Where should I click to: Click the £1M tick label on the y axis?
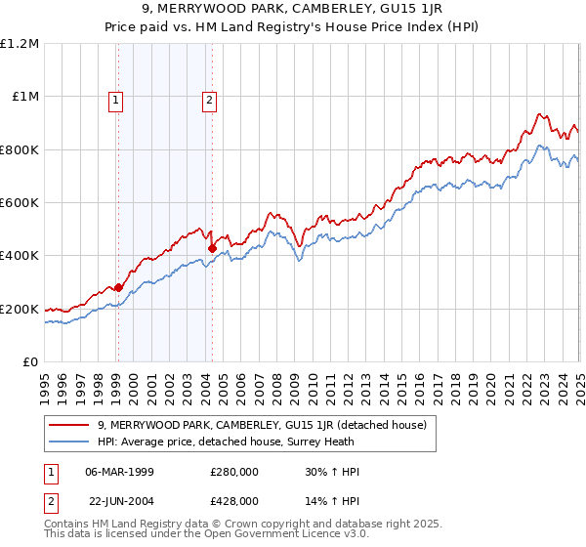25,97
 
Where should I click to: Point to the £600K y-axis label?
21,202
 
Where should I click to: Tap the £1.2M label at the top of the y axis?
21,44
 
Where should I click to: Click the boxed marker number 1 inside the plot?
116,98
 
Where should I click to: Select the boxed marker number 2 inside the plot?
210,98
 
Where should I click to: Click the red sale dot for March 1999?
118,287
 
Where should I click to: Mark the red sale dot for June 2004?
213,248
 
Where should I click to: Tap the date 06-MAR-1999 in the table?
120,472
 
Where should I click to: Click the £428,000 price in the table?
234,500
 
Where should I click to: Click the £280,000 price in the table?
234,472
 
